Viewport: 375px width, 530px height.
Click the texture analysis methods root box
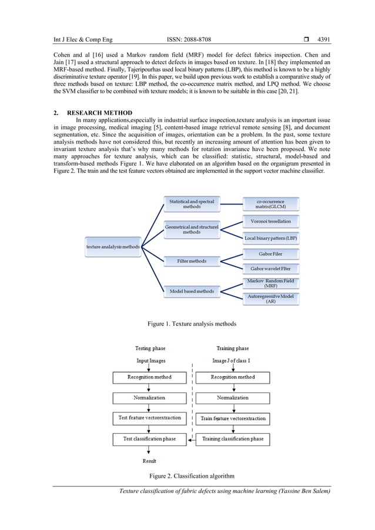pos(112,247)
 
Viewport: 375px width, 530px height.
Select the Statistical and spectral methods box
pos(192,204)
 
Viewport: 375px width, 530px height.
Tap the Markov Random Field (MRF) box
pos(271,283)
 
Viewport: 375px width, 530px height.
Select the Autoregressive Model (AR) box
pos(271,298)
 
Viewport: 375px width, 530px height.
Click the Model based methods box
pos(192,291)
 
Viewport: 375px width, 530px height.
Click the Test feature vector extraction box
pos(149,418)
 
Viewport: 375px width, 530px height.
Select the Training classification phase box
pos(233,439)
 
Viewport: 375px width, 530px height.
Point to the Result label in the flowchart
pos(149,461)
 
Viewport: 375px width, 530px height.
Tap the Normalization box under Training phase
pos(233,398)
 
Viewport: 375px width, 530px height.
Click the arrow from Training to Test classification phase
pos(191,439)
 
